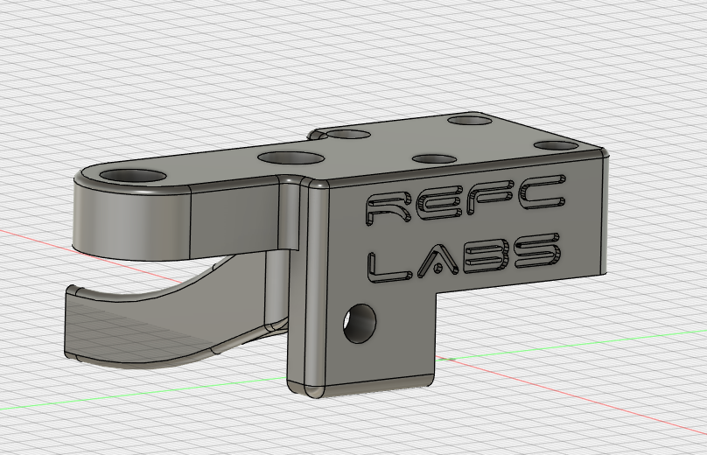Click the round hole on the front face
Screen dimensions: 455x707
[359, 323]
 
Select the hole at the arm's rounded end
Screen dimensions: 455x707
[134, 175]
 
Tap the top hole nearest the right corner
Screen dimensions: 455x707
[556, 145]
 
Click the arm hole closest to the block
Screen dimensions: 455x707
[291, 158]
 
